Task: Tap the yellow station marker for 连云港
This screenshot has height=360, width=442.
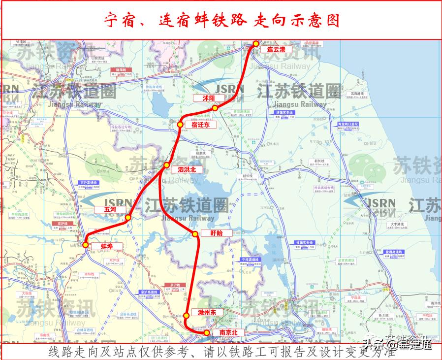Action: click(256, 44)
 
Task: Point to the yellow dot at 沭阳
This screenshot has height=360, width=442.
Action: click(215, 108)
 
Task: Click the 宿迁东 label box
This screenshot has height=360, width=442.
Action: click(200, 125)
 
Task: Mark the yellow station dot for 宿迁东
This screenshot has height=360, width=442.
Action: click(180, 125)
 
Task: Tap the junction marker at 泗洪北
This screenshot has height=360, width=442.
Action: click(166, 165)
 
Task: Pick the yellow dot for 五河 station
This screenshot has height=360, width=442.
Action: click(128, 218)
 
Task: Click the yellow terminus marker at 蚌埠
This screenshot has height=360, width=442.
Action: click(86, 244)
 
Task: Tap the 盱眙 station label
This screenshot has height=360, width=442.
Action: click(216, 233)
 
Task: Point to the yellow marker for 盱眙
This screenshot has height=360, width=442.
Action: click(195, 233)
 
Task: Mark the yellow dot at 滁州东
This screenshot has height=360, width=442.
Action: click(187, 316)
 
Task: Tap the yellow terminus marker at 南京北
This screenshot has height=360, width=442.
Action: click(207, 333)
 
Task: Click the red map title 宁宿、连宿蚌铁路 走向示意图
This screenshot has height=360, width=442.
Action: click(221, 20)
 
